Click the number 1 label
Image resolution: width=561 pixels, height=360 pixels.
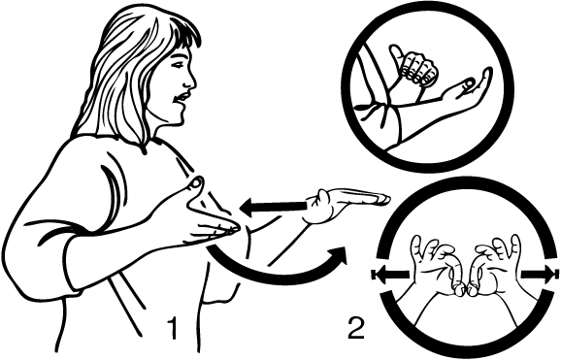[173, 327]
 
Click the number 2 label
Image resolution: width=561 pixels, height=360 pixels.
[356, 327]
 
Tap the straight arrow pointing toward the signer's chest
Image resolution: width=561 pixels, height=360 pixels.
[274, 207]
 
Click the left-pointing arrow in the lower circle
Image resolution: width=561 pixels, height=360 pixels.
[390, 275]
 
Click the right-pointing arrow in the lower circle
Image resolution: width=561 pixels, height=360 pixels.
[539, 275]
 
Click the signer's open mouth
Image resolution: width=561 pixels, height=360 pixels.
[184, 97]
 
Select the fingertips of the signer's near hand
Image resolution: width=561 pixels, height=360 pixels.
[229, 229]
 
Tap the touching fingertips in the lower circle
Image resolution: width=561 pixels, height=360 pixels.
[466, 289]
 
